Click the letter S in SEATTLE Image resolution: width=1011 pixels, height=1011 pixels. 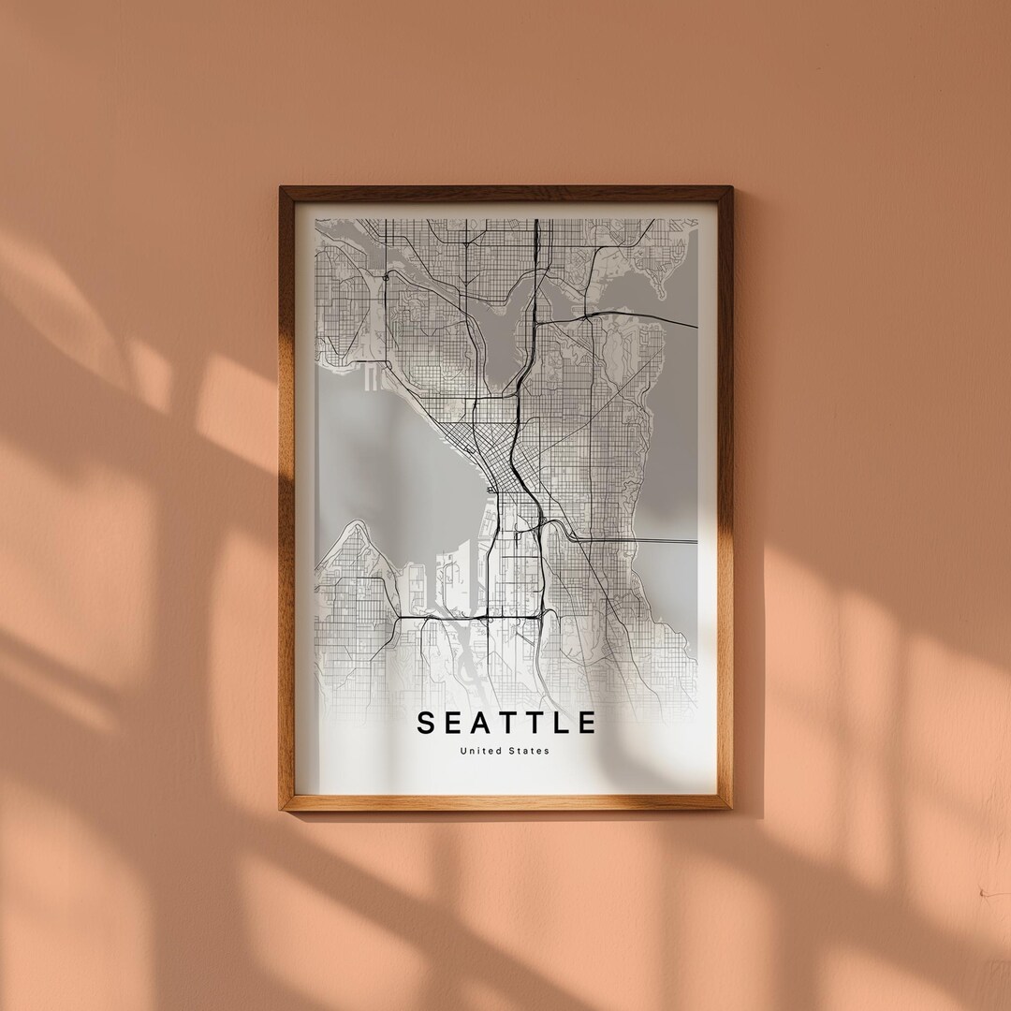(426, 724)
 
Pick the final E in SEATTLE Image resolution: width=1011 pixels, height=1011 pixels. (588, 724)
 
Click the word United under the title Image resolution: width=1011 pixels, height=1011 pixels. (478, 751)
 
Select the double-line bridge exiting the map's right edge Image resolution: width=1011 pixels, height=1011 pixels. (655, 541)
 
